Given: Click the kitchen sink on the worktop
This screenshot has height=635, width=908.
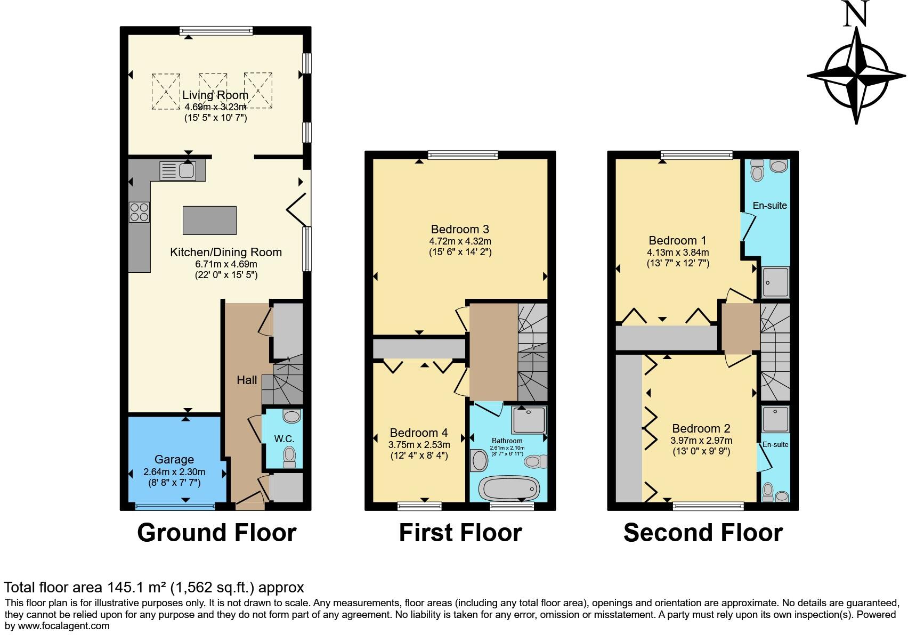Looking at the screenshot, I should tap(178, 171).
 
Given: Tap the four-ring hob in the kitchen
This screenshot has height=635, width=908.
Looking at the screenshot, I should tap(139, 212).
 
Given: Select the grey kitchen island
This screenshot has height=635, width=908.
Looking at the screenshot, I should tap(209, 220).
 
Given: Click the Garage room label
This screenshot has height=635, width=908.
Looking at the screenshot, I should tap(174, 459).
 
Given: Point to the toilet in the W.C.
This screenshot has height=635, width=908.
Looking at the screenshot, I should tap(290, 456).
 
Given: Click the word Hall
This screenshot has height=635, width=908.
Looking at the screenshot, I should tap(247, 380).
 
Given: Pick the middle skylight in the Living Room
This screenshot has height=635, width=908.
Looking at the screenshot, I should tap(213, 91).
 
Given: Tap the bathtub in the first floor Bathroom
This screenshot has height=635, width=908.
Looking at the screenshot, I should tap(509, 487).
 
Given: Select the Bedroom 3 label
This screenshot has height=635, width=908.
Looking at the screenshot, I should tap(460, 229).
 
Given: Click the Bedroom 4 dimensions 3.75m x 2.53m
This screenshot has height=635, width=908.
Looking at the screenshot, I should tap(419, 445).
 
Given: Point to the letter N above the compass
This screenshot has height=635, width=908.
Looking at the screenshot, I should tap(856, 14).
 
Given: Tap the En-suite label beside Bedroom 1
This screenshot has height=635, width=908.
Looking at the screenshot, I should tap(769, 205).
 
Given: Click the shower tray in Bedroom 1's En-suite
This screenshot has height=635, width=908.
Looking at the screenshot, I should tap(775, 282).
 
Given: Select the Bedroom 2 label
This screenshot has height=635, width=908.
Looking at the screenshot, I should tap(701, 428).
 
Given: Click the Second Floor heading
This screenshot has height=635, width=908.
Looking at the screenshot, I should tap(703, 533).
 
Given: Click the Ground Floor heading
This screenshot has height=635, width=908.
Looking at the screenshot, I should tap(216, 533).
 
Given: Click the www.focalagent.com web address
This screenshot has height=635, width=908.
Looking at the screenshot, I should tap(64, 625).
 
